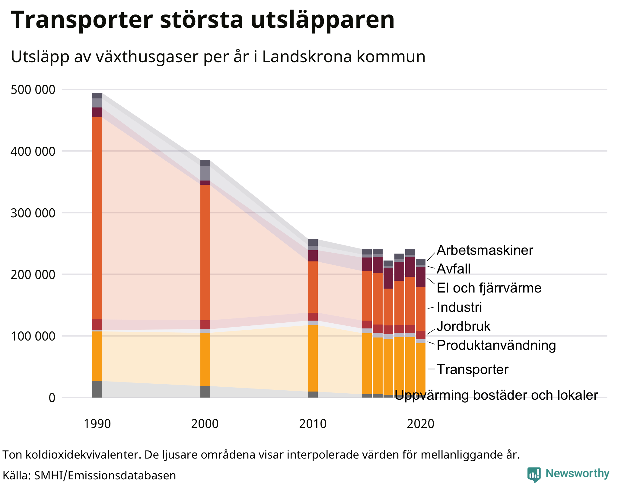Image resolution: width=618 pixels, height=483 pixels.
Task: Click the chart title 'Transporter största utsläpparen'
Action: coord(203,20)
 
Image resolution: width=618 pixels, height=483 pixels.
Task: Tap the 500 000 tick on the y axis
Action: coord(33,90)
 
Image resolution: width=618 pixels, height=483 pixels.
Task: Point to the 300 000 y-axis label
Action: coord(33,213)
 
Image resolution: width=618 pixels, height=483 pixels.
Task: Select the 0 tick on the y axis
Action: coord(52,398)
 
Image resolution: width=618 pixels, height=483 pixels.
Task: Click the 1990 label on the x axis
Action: coord(97,424)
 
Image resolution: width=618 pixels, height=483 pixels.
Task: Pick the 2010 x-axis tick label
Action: coord(313,424)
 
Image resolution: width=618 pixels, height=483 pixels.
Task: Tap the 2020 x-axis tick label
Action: coord(421,424)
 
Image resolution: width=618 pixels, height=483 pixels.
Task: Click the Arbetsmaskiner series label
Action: coord(485,250)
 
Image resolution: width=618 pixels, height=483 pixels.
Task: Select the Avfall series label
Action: coord(454,269)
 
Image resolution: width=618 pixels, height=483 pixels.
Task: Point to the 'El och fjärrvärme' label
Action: coord(489,288)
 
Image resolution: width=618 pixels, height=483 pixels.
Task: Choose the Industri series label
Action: coord(459,307)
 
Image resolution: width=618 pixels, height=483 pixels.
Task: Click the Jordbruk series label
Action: coord(463,326)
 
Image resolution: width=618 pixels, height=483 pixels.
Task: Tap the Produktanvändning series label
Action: coord(496,345)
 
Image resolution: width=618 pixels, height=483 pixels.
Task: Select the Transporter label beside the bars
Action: coord(473,369)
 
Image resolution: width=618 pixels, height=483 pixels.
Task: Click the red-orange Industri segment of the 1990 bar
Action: coord(97,217)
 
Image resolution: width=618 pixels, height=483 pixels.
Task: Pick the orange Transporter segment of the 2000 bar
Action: coord(205,359)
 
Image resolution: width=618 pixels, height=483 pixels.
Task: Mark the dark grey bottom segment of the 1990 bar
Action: coord(97,389)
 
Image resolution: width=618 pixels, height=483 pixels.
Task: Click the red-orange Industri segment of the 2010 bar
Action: coord(313,287)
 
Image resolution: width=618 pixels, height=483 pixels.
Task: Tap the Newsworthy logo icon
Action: coord(534,474)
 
